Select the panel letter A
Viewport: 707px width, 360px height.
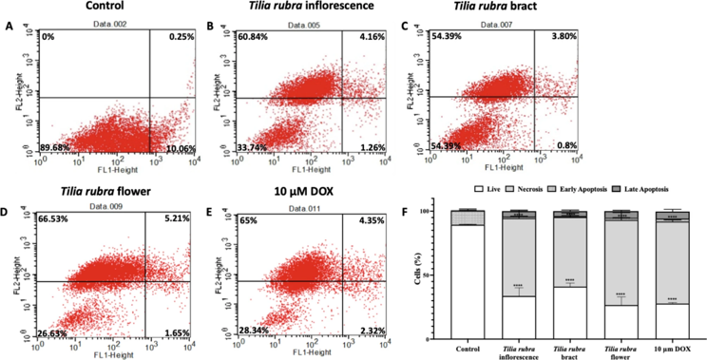click(x=9, y=26)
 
